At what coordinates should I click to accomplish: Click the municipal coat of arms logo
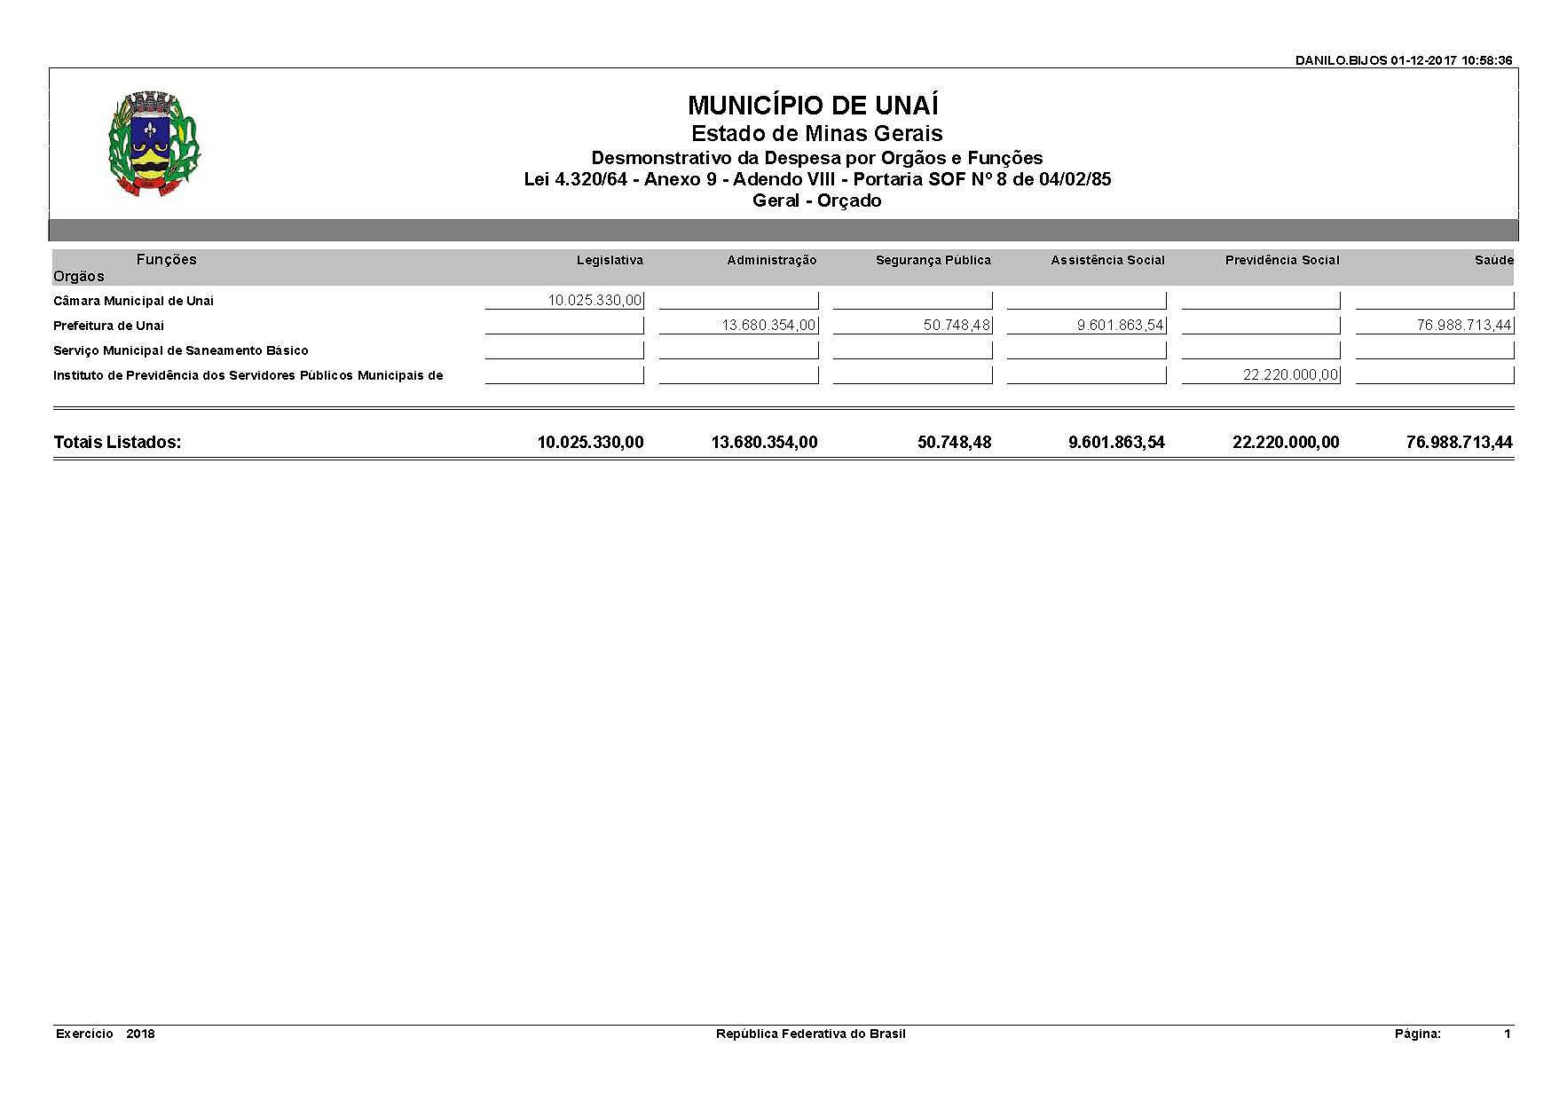(x=154, y=144)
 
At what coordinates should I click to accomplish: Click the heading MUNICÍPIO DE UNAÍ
(x=813, y=106)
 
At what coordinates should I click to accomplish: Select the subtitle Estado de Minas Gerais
(x=816, y=134)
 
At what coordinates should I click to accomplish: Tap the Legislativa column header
(x=610, y=260)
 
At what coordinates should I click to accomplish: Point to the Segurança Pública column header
(x=933, y=260)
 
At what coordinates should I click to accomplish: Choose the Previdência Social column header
(x=1282, y=260)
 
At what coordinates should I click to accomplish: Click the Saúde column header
(x=1495, y=260)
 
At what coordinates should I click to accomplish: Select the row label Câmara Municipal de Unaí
(x=133, y=301)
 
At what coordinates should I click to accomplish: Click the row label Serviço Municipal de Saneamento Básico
(x=181, y=350)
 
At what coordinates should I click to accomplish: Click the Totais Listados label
(x=117, y=442)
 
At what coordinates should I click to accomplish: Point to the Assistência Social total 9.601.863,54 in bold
(x=1116, y=442)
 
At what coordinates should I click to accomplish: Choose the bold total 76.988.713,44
(x=1459, y=442)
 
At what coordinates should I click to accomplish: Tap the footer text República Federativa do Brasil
(x=810, y=1034)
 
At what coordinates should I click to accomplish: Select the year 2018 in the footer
(x=140, y=1034)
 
